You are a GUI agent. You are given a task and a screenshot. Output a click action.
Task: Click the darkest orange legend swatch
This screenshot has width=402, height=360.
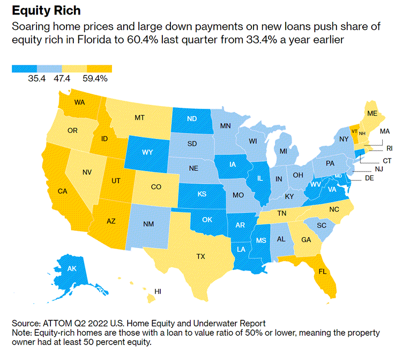(100, 69)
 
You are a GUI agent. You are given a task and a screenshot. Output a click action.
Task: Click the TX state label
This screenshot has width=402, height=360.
(200, 257)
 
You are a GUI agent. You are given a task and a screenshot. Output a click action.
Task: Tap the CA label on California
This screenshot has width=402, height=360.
(62, 191)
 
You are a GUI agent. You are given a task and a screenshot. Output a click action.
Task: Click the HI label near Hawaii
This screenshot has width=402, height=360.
(158, 291)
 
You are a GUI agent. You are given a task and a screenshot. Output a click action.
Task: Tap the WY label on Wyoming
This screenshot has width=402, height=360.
(148, 152)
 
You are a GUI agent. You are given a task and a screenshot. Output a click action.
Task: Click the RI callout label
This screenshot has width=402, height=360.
(389, 148)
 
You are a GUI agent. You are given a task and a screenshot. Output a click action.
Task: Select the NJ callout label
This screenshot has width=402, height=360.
(378, 169)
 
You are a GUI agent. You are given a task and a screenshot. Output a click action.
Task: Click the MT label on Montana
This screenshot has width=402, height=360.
(140, 117)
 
